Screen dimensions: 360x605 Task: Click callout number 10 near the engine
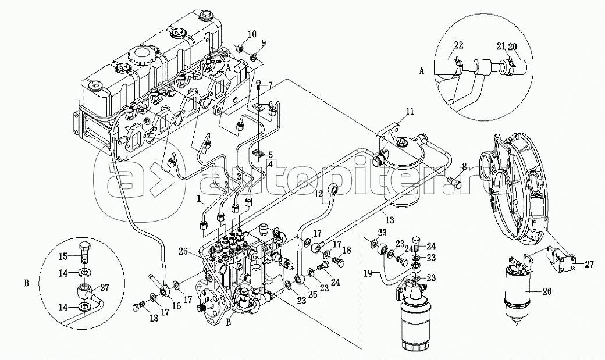pos(251,34)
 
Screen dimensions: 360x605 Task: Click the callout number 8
pos(463,167)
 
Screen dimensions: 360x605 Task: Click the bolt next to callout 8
pos(454,184)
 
